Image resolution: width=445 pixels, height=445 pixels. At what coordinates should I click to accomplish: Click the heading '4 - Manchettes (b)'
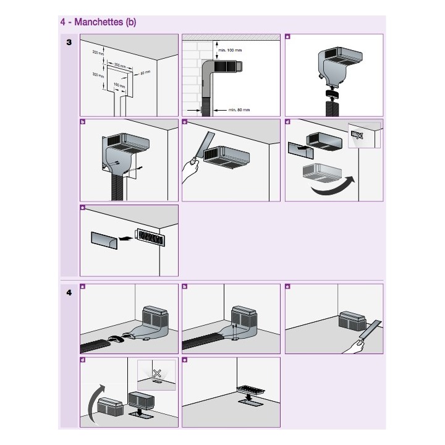point(98,22)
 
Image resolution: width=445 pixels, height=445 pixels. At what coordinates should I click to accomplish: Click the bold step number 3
point(69,41)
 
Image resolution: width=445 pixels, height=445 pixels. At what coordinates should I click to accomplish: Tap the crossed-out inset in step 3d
point(363,135)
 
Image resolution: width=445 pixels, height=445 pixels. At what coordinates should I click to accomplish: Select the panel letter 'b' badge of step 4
point(185,287)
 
